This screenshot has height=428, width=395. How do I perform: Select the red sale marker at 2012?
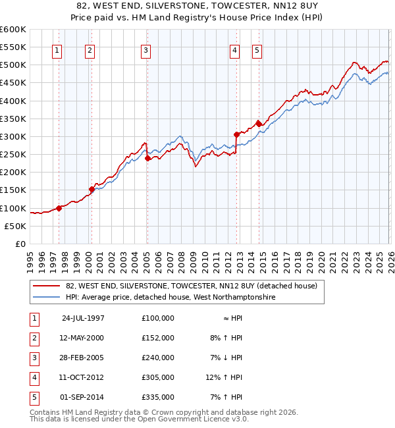click(x=236, y=134)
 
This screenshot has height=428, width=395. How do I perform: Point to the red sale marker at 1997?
click(x=59, y=208)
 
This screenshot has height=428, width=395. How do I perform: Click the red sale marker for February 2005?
click(x=147, y=158)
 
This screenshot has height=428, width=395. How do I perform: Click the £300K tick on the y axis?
click(x=14, y=136)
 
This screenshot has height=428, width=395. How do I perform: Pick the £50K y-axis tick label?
click(x=16, y=226)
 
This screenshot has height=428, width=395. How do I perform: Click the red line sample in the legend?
click(x=46, y=286)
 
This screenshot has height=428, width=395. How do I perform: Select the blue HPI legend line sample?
click(x=46, y=298)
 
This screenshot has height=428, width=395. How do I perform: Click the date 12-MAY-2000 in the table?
click(x=83, y=338)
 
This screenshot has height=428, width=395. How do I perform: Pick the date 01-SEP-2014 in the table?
click(x=83, y=397)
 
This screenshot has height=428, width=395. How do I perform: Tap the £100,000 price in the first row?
click(x=158, y=318)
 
